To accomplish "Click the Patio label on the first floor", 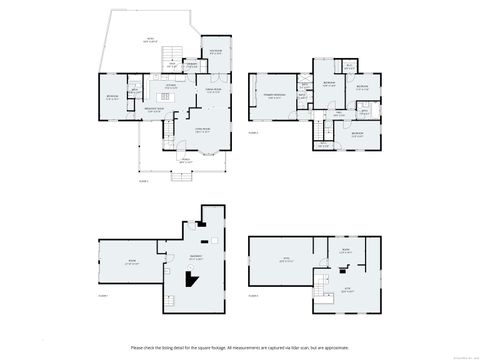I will click(151, 39).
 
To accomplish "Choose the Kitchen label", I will click(170, 86).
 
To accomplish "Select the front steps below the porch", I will click(183, 178).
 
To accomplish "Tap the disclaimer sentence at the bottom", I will click(239, 345).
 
